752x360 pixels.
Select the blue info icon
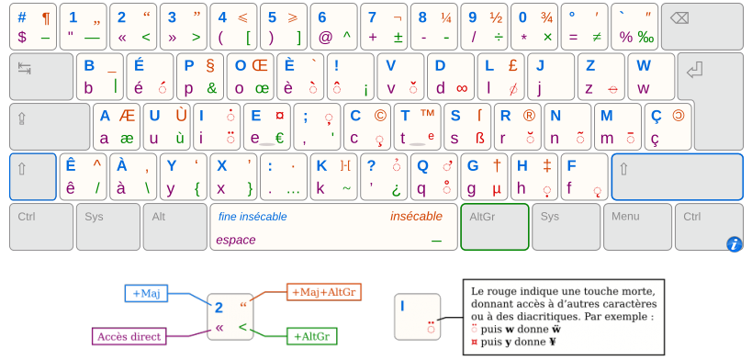734,243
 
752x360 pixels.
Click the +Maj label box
147,293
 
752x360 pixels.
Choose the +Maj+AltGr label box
324,292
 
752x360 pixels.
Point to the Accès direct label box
129,336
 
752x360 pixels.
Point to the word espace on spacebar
236,240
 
